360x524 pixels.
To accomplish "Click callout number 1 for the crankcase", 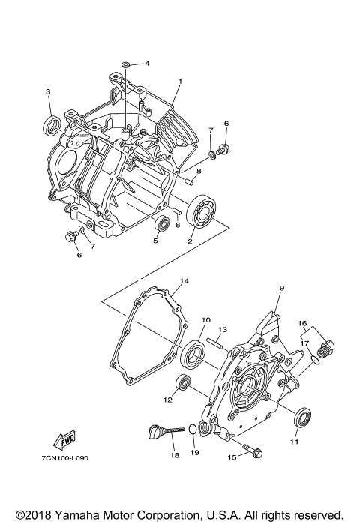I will click(x=180, y=81).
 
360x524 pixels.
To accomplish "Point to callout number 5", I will click(x=155, y=241).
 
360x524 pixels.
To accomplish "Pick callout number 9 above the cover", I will click(x=283, y=288).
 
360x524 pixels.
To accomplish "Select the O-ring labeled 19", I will click(x=192, y=430).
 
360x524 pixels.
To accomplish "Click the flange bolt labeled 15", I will click(x=254, y=454).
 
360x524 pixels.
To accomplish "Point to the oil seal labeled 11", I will click(x=301, y=417).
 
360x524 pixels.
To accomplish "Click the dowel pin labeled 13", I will click(x=211, y=343).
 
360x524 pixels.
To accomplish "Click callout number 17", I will click(x=305, y=343).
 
